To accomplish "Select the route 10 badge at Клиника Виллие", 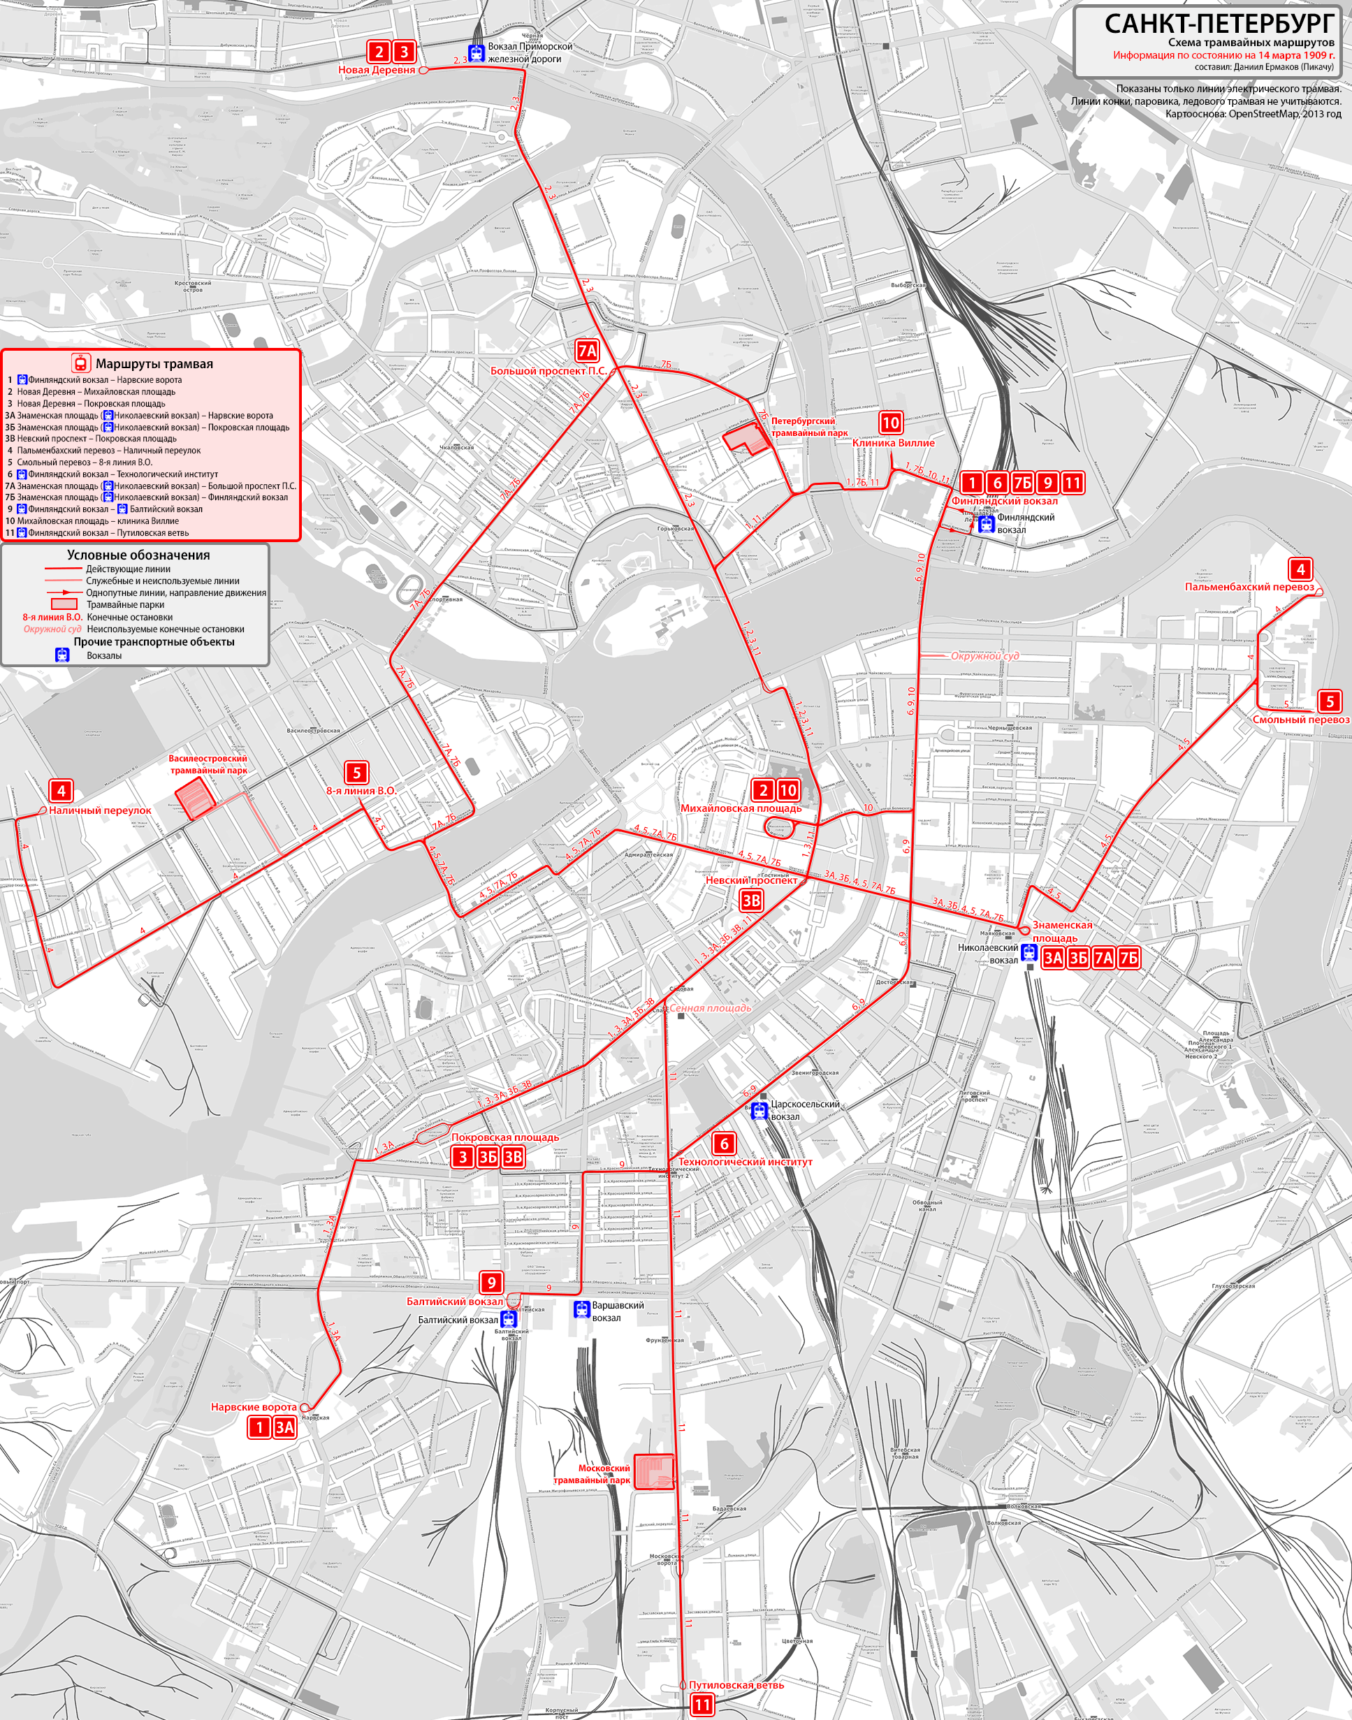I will (x=891, y=423).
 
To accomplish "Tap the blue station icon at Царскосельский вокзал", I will (x=759, y=1111).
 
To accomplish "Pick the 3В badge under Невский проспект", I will (x=750, y=900).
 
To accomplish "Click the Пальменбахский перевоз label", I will (x=1249, y=587).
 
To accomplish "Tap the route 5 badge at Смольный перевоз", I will (x=1330, y=701).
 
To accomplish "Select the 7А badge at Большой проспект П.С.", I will (x=586, y=351).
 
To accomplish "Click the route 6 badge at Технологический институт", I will (x=722, y=1143).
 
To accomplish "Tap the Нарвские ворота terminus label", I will (x=254, y=1407).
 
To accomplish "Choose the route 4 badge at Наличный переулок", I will (x=61, y=790).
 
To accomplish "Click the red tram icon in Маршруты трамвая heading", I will (x=80, y=363).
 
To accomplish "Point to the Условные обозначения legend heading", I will (x=138, y=555).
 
